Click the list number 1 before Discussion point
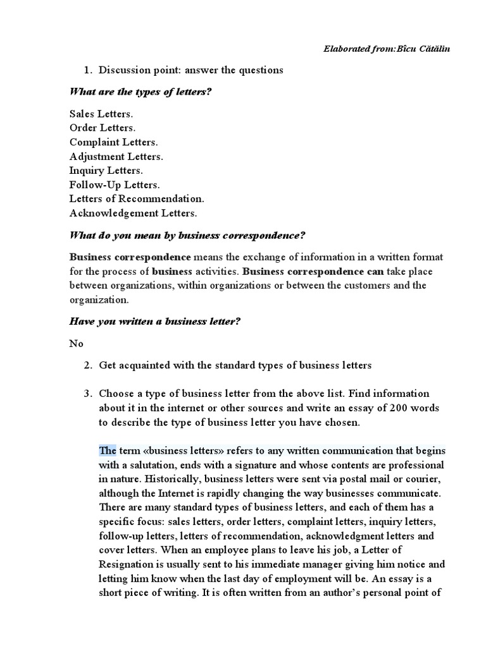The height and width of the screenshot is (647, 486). pos(87,70)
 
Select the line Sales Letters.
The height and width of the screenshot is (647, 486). pos(101,114)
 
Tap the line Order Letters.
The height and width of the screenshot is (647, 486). pos(103,128)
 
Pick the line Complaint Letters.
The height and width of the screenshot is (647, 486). pos(114,142)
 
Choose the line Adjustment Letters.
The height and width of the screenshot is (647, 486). pos(116,156)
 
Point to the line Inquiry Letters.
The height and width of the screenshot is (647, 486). pos(106,171)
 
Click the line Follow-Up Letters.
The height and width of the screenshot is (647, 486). pos(115,184)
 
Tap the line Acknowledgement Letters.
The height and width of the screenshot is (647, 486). pos(133,213)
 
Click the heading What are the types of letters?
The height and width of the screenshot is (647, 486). pos(140,92)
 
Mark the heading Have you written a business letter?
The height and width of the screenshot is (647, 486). pos(154,322)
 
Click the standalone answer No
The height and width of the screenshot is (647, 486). pos(76,344)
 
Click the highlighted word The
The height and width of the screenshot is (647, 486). pos(108,450)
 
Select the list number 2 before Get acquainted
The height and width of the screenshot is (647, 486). pos(87,365)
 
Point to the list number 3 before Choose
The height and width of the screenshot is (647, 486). pos(87,394)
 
